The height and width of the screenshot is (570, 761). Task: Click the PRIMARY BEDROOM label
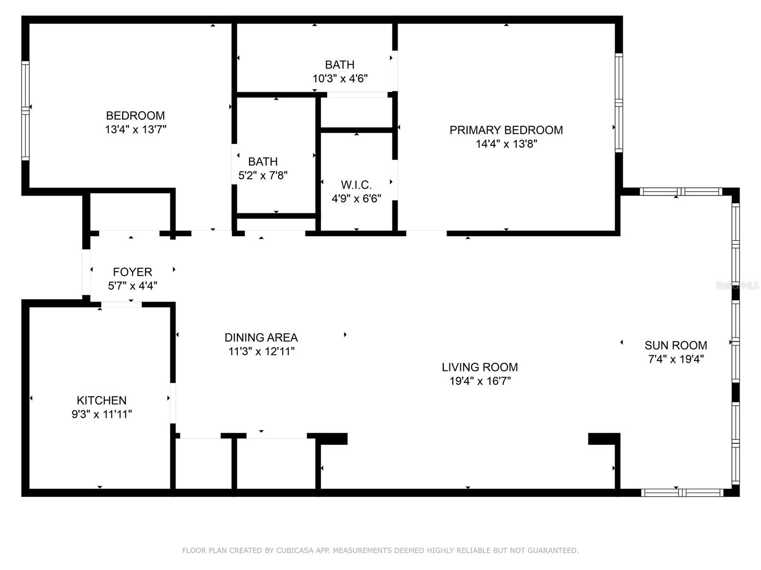click(x=506, y=130)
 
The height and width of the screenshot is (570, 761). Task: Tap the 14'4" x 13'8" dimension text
click(x=506, y=144)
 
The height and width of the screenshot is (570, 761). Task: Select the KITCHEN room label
click(x=101, y=400)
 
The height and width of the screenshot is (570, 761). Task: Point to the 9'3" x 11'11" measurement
click(x=101, y=414)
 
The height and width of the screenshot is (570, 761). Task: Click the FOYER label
click(x=132, y=272)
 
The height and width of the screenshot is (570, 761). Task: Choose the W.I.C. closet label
click(x=356, y=185)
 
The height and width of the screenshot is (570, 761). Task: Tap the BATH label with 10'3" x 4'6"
click(x=340, y=65)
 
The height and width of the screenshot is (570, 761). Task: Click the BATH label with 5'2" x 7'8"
click(x=263, y=161)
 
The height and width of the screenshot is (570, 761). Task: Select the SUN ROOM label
click(x=675, y=345)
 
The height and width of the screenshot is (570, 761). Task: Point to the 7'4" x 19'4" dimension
click(x=675, y=359)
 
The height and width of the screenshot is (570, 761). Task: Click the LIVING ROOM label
click(x=479, y=367)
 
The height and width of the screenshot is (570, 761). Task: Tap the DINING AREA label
click(x=261, y=338)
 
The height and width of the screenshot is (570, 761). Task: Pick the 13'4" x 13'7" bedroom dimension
click(x=136, y=129)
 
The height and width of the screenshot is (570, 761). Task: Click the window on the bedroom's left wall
click(x=26, y=110)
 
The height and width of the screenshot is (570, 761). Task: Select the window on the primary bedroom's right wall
click(x=618, y=103)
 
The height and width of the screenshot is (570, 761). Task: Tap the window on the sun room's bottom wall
click(x=682, y=493)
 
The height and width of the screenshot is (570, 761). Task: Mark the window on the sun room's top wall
click(x=681, y=191)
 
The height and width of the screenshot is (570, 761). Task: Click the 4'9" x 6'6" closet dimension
click(x=356, y=199)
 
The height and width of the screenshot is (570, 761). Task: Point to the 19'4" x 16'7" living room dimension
click(x=479, y=381)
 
